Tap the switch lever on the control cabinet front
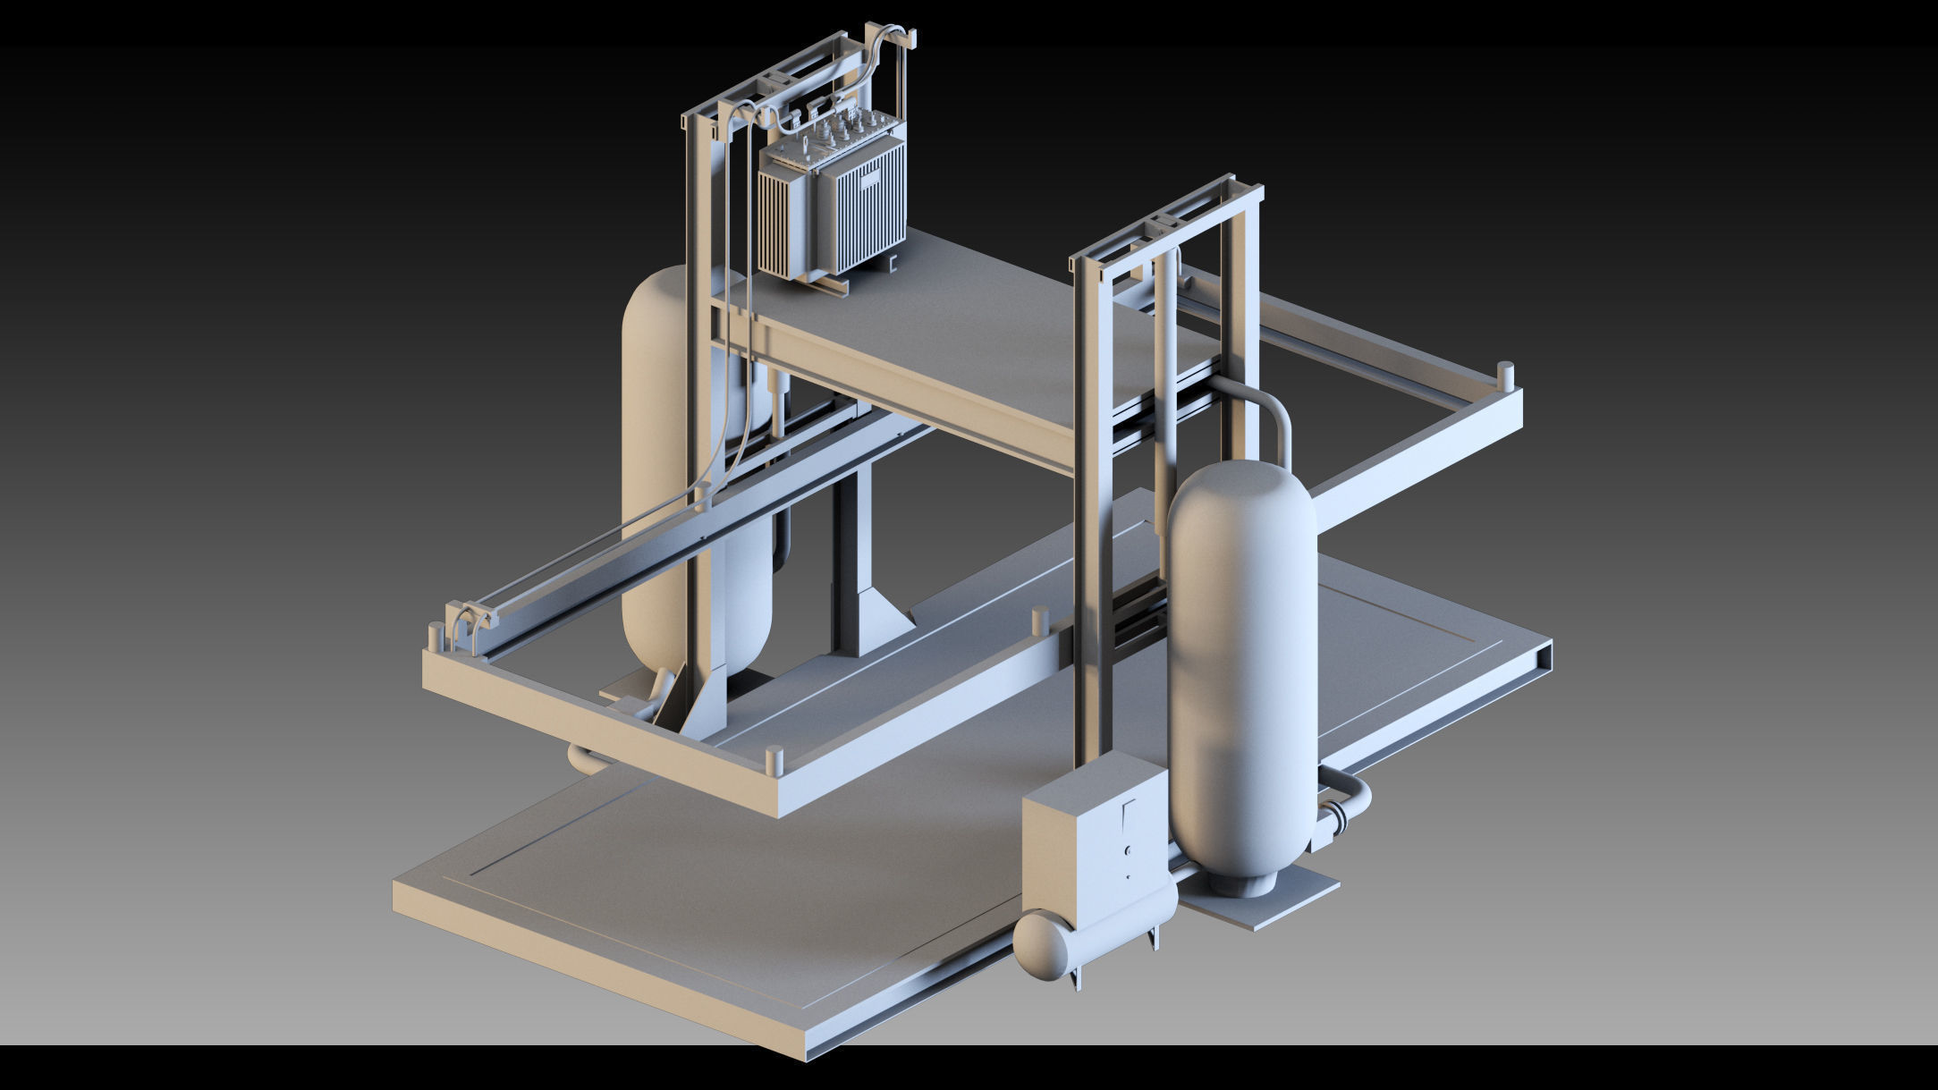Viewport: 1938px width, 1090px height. click(1128, 814)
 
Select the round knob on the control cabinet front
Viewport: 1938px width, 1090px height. click(1129, 850)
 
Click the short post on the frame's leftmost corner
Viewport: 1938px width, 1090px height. click(435, 637)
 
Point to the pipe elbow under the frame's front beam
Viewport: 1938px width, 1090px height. click(586, 760)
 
